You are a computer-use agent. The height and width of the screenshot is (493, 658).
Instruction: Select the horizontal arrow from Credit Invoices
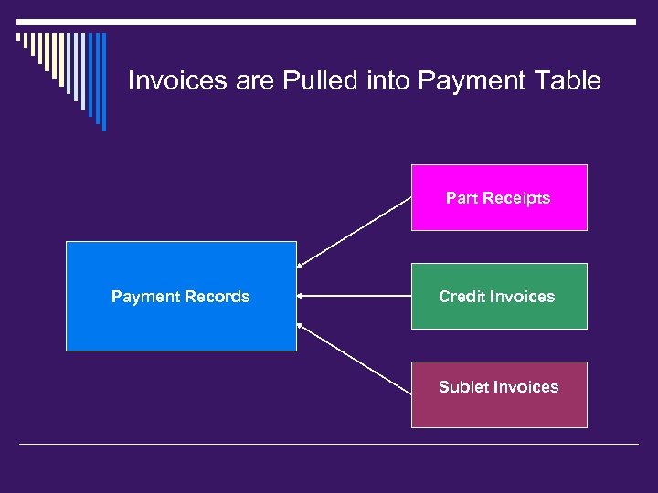(x=354, y=296)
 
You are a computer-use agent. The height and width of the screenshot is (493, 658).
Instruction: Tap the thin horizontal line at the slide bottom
(x=329, y=445)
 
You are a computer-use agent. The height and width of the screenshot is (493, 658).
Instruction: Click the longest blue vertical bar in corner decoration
(x=103, y=82)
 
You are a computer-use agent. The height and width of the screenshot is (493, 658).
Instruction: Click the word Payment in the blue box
(x=144, y=297)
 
